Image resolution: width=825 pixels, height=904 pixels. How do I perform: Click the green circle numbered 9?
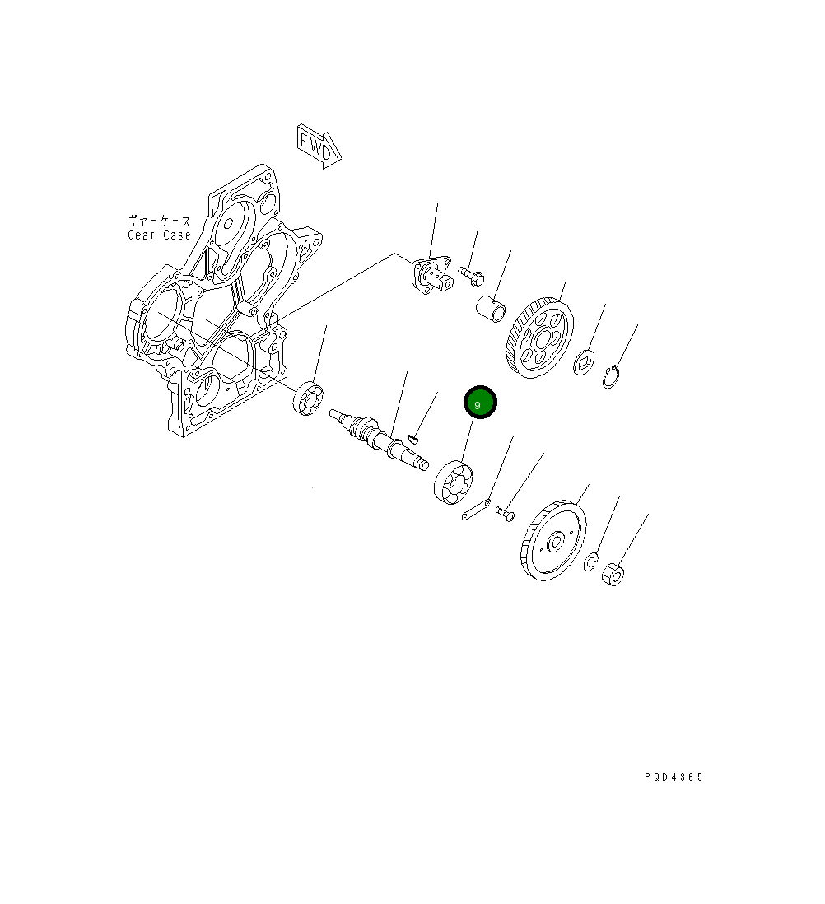point(480,403)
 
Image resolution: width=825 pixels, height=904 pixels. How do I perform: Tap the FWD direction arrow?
point(319,146)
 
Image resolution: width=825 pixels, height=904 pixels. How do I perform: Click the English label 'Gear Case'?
point(159,235)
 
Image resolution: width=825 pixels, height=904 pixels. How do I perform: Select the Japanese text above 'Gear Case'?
point(159,221)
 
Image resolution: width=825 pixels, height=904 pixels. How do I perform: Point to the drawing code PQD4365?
point(674,776)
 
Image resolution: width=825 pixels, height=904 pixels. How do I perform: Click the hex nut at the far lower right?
point(613,574)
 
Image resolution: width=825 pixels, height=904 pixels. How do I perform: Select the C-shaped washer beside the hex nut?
point(590,562)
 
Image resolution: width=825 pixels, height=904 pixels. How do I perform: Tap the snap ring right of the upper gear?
point(611,379)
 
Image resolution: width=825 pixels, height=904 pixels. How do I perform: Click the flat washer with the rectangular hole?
point(585,361)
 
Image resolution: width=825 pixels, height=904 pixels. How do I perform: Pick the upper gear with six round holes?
point(539,338)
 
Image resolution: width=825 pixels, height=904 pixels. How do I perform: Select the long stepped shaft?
point(379,440)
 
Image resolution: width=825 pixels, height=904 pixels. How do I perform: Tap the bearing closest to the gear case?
point(308,399)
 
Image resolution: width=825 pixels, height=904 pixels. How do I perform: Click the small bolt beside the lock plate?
point(505,514)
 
